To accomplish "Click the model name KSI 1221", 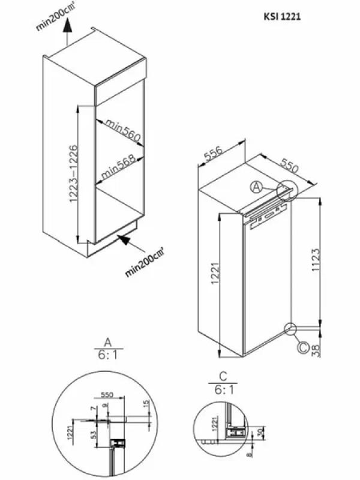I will (x=280, y=19).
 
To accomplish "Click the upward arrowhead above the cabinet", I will (x=68, y=25).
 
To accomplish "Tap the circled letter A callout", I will (x=256, y=187).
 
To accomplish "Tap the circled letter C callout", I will (x=303, y=346).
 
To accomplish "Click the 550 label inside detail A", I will (x=107, y=396).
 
